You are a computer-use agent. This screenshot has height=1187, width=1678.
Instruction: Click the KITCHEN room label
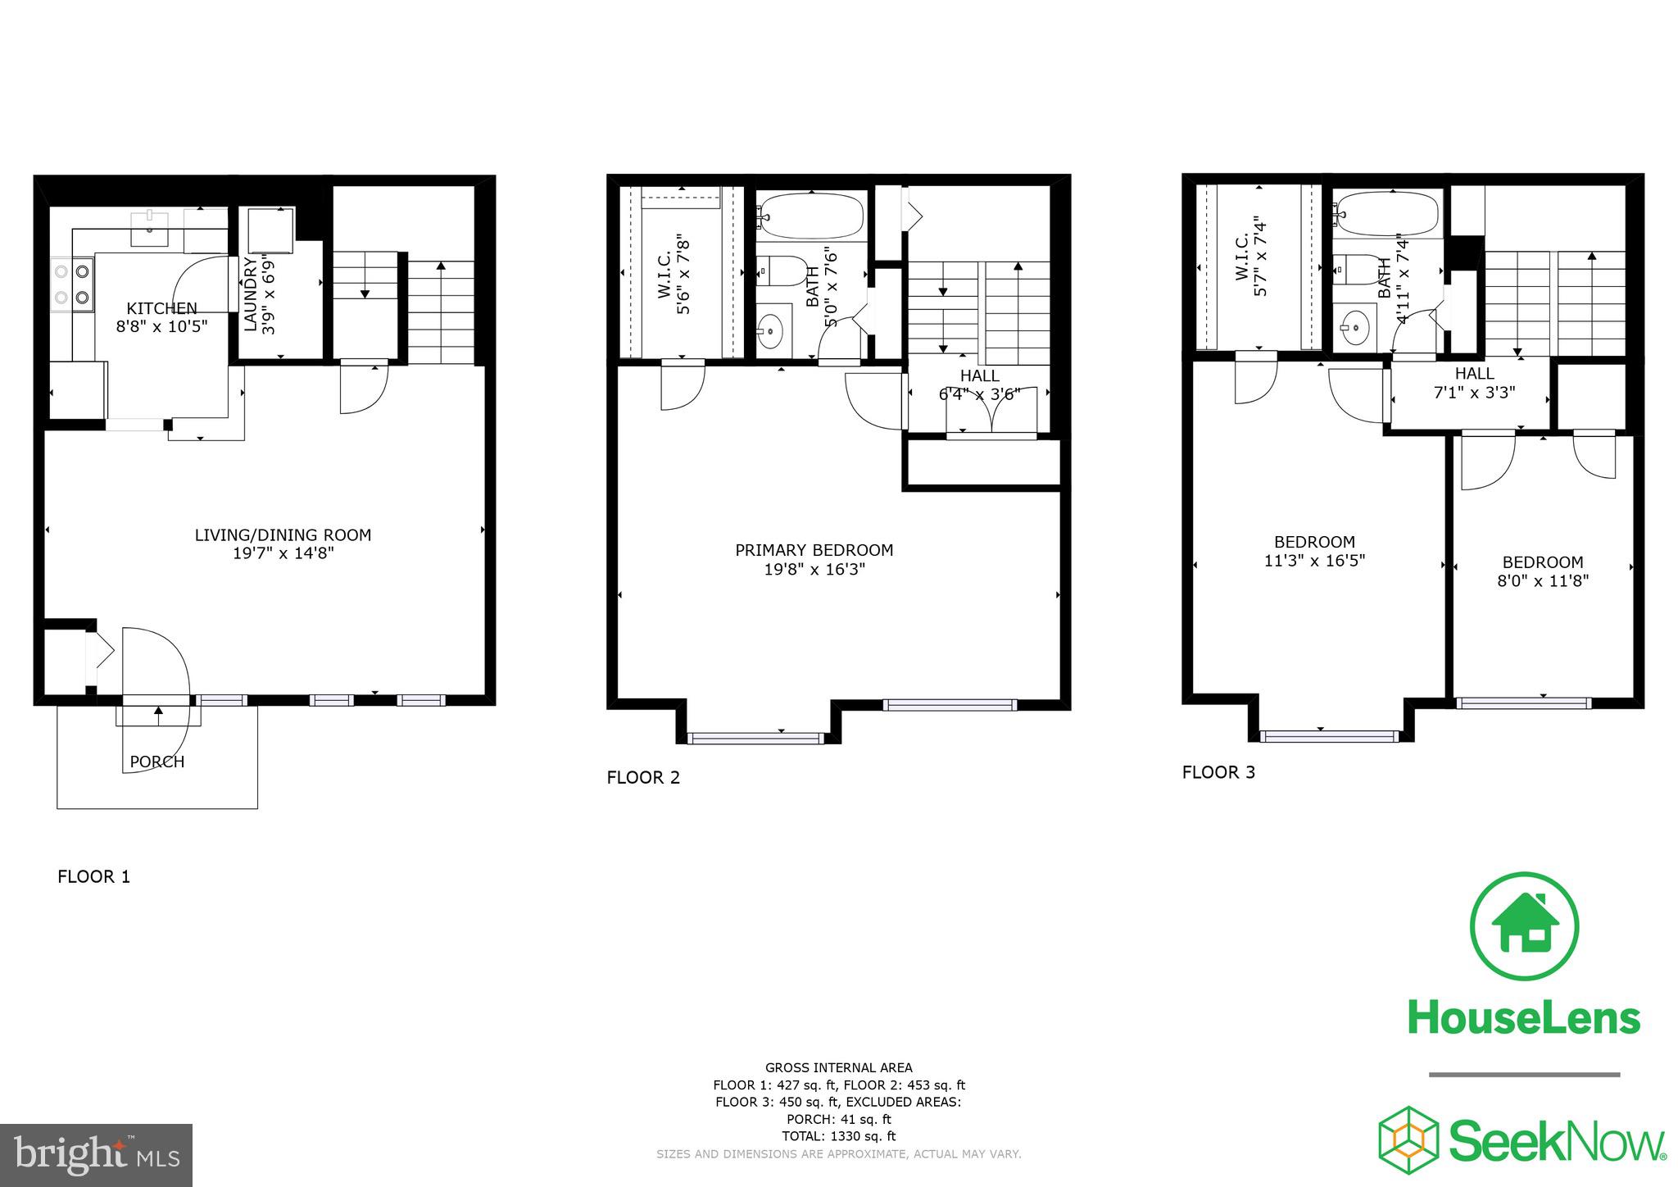coord(161,308)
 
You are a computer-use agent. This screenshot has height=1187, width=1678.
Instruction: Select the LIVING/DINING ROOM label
coord(283,535)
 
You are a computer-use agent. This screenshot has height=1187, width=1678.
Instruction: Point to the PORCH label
coord(157,762)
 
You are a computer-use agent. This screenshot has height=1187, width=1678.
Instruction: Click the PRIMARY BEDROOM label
coord(814,550)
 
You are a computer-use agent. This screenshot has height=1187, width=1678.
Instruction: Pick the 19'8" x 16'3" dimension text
coord(814,569)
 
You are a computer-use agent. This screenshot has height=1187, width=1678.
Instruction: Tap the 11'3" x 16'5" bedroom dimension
coord(1314,561)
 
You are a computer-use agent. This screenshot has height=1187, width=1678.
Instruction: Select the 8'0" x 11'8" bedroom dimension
coord(1543,581)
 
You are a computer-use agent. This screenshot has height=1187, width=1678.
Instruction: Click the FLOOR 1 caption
coord(93,876)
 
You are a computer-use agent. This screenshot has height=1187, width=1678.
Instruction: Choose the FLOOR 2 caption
coord(643,777)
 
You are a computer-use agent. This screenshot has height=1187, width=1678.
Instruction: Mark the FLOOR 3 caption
coord(1218,772)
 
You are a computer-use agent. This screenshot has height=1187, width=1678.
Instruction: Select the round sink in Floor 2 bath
coord(770,332)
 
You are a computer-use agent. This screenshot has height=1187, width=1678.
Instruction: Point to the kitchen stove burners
coord(72,283)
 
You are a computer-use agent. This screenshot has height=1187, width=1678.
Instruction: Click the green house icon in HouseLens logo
coord(1524,927)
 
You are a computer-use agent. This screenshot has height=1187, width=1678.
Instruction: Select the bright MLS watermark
coord(96,1155)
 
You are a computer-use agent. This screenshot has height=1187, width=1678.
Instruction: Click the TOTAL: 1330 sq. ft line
coord(838,1136)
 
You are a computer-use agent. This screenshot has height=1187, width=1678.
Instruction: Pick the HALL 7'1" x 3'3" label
coord(1474,383)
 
